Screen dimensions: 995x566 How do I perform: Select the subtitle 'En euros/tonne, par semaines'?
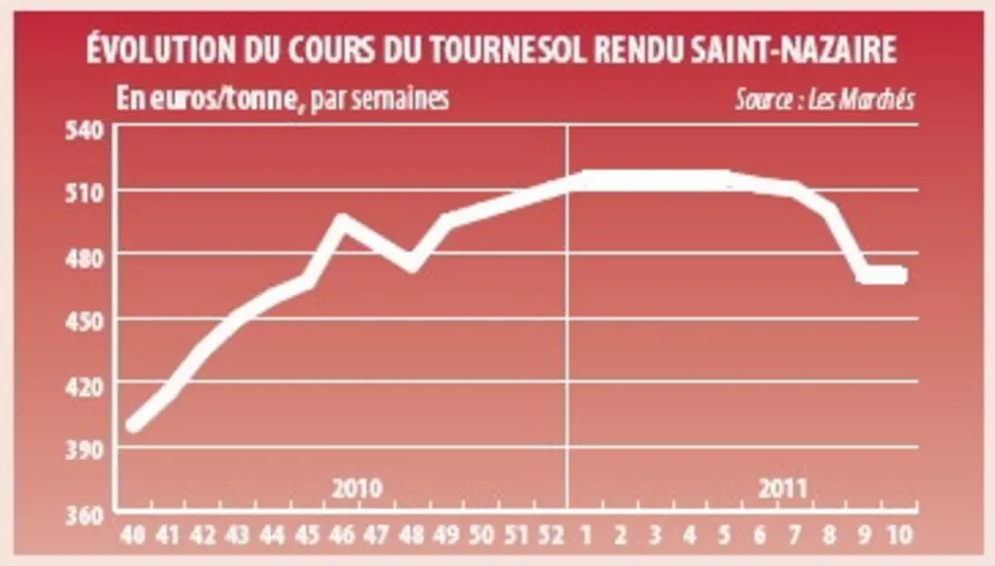[x=282, y=98]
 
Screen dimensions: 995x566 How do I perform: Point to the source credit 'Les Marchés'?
[x=861, y=99]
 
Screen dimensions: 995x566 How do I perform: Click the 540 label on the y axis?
[x=84, y=130]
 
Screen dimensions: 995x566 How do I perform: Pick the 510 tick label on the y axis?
[x=84, y=193]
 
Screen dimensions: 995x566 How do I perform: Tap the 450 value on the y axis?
[x=84, y=321]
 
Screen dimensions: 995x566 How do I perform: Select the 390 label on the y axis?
[x=84, y=450]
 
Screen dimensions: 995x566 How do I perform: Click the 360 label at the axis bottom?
[x=84, y=515]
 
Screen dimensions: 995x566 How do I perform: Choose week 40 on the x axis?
[x=133, y=536]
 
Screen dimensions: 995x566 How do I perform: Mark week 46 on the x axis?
[x=342, y=536]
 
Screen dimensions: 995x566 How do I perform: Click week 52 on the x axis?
[x=551, y=536]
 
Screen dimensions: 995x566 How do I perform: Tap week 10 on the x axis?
[x=899, y=536]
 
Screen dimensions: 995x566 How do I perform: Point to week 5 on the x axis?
[x=725, y=536]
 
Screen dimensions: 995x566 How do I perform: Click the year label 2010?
[x=358, y=488]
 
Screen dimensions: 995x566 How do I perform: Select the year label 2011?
[x=783, y=488]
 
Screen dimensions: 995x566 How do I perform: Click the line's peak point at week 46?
[x=342, y=221]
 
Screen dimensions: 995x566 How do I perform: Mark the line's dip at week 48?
[x=413, y=262]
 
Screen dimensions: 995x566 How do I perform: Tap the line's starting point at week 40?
[x=134, y=425]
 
